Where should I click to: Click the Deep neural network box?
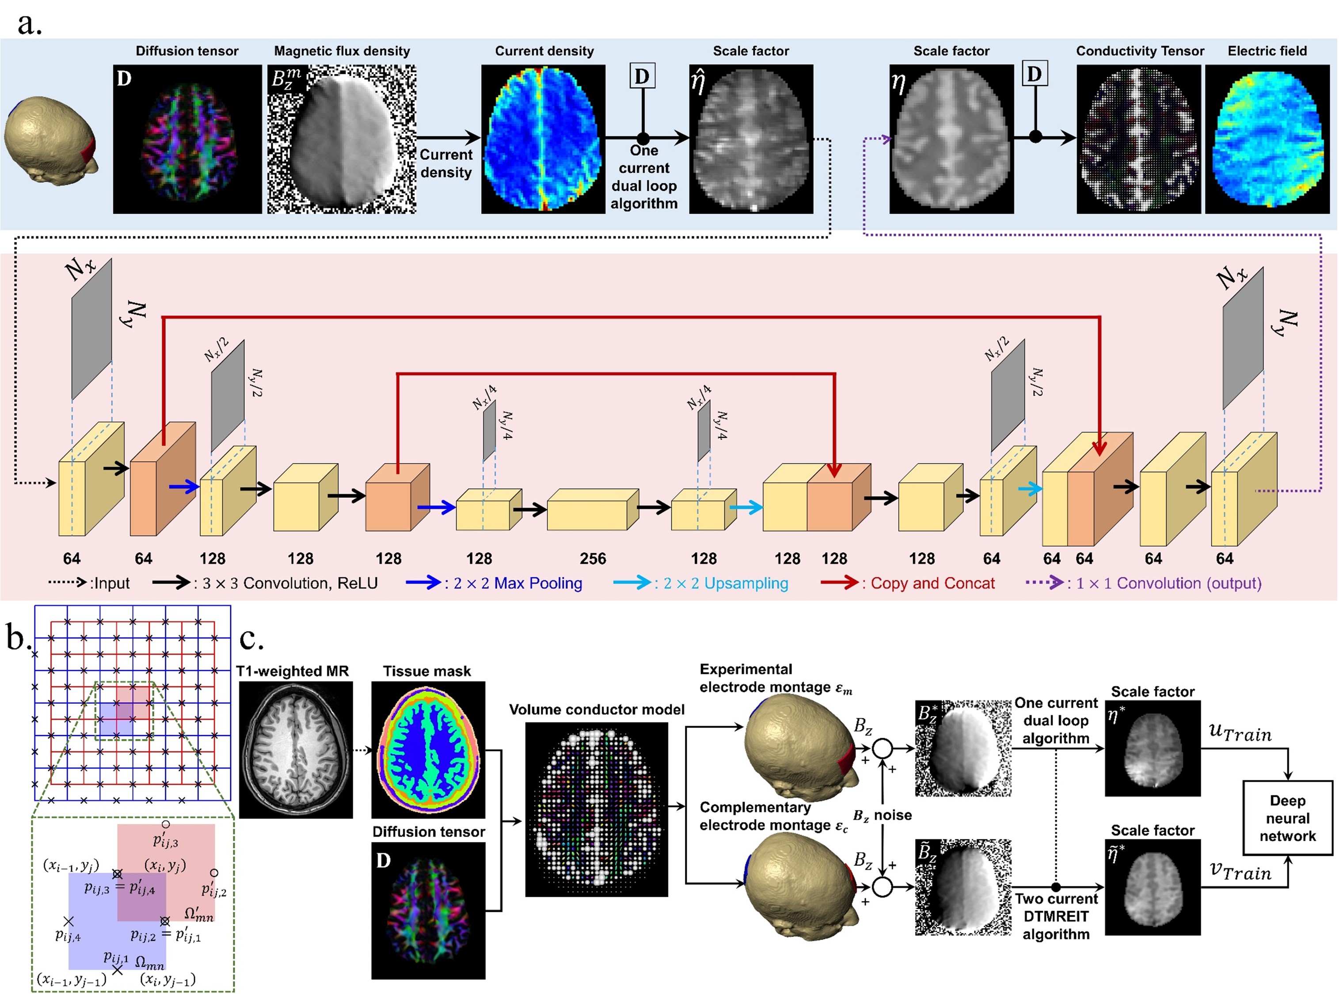click(1287, 818)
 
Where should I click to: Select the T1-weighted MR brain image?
click(296, 750)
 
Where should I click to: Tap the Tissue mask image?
click(428, 750)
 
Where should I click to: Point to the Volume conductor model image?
click(597, 809)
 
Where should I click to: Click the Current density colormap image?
click(543, 139)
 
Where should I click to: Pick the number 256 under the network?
click(593, 559)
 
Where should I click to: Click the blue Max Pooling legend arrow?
click(424, 582)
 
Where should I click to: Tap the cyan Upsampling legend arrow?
click(632, 582)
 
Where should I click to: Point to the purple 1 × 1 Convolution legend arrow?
click(1045, 582)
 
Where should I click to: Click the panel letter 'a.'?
click(29, 24)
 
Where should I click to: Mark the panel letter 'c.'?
click(251, 639)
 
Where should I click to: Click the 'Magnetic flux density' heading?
click(342, 51)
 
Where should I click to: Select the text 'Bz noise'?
click(882, 815)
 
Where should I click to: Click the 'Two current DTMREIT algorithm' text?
click(1056, 916)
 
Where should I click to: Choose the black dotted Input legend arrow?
click(68, 582)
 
